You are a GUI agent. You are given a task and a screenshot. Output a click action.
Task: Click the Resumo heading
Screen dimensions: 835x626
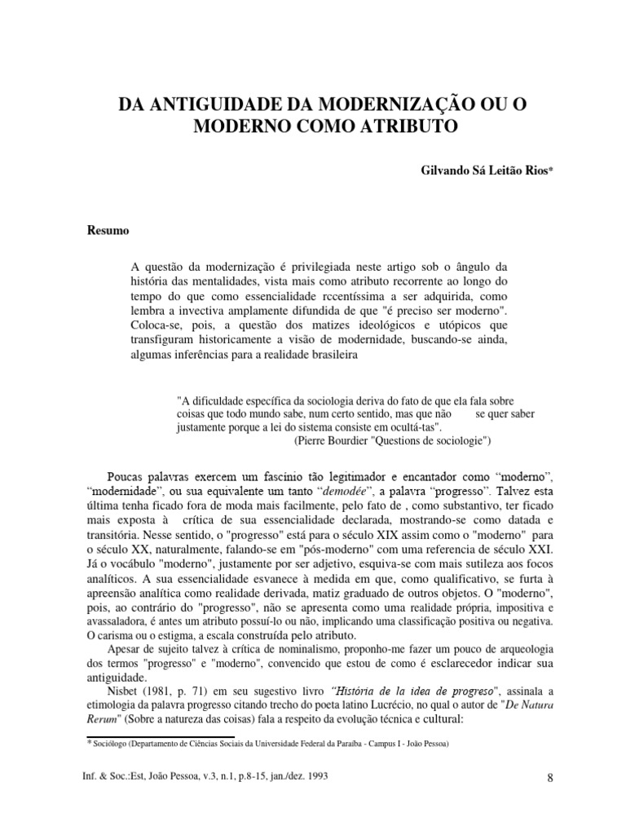pyautogui.click(x=108, y=230)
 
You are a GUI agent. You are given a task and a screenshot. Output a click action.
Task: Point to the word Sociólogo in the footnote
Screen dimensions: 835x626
pyautogui.click(x=112, y=744)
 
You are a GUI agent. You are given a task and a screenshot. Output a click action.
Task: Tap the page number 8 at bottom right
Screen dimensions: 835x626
pyautogui.click(x=551, y=778)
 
